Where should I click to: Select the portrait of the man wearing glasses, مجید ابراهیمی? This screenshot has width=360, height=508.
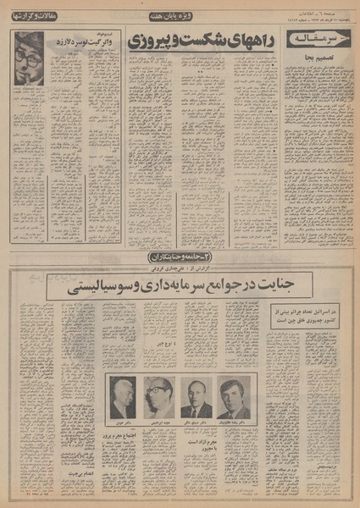[x=158, y=396]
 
